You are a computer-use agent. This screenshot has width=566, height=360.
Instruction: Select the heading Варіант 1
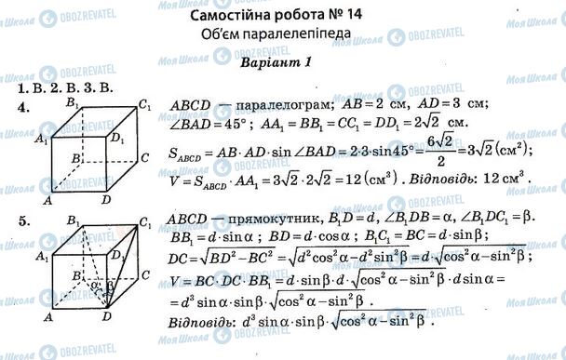click(x=279, y=61)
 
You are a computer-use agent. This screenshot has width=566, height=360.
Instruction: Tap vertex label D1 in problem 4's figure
click(x=116, y=139)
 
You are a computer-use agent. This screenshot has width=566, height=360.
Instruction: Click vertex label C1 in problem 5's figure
click(x=144, y=220)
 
